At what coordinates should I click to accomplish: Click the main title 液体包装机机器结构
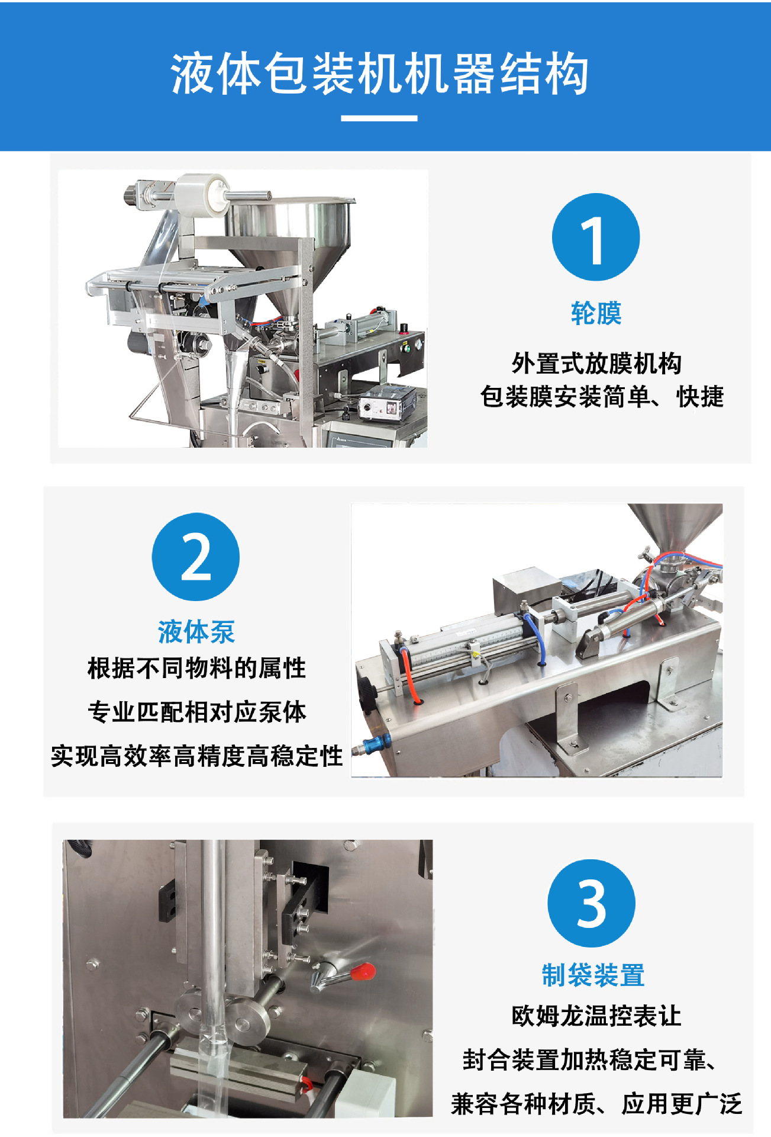coord(379,74)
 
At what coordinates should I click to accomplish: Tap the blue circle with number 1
coord(596,237)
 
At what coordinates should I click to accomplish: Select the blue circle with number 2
coord(196,557)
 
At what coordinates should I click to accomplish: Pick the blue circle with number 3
coord(592,903)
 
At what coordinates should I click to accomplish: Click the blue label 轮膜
coord(596,313)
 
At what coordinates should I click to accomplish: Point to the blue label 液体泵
coord(196,632)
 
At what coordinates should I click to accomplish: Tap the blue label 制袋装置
coord(593,975)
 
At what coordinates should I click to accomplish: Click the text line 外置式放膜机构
coord(596,363)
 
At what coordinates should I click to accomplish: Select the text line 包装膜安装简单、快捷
coord(602,396)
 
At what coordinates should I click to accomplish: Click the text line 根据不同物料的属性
coord(196,668)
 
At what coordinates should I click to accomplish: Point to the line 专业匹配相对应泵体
coord(196,712)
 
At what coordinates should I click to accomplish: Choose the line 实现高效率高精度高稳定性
coord(196,756)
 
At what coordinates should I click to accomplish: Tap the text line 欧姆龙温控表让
coord(596,1016)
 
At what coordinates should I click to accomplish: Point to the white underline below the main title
coord(379,118)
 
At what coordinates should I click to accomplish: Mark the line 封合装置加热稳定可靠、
coord(590,1060)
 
